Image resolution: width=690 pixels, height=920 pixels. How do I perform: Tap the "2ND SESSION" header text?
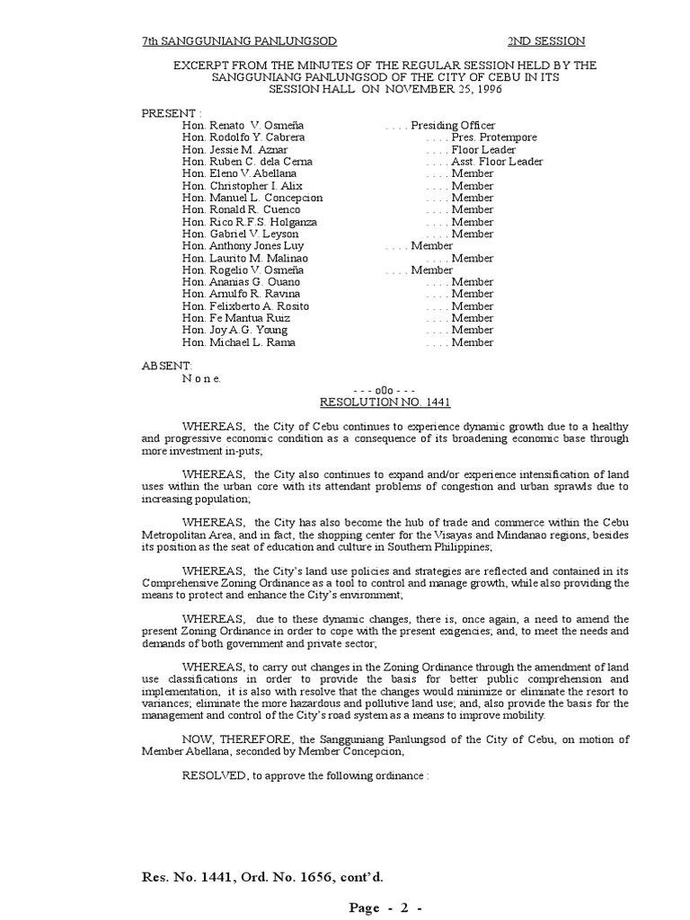[x=546, y=41]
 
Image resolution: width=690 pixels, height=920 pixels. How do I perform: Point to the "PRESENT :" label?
[x=172, y=113]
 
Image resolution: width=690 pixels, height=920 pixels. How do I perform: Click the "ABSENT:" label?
[x=167, y=366]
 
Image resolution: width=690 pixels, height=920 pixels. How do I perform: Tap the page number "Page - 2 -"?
[x=385, y=907]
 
